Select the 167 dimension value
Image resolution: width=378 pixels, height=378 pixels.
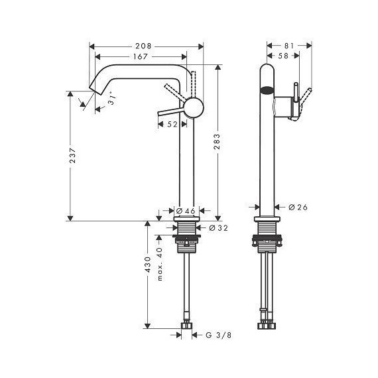coord(139,57)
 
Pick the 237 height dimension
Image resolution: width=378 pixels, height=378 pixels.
coord(70,157)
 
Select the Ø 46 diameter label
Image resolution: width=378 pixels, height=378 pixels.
coord(185,211)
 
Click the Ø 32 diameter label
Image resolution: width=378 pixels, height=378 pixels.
coord(219,227)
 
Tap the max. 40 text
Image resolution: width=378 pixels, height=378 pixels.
coord(159,263)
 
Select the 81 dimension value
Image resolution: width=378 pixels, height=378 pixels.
coord(288,46)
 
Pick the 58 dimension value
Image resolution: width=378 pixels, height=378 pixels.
coord(283,57)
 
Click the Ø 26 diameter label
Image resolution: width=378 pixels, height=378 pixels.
coord(298,208)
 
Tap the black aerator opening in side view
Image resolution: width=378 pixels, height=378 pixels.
coord(267,92)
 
